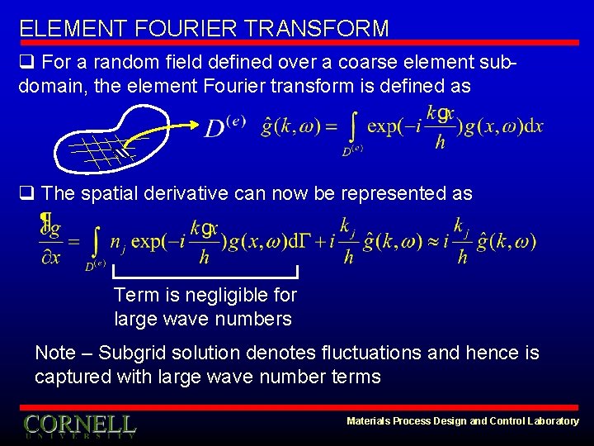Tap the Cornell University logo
(x=79, y=426)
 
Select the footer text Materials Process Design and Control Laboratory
(x=462, y=421)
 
